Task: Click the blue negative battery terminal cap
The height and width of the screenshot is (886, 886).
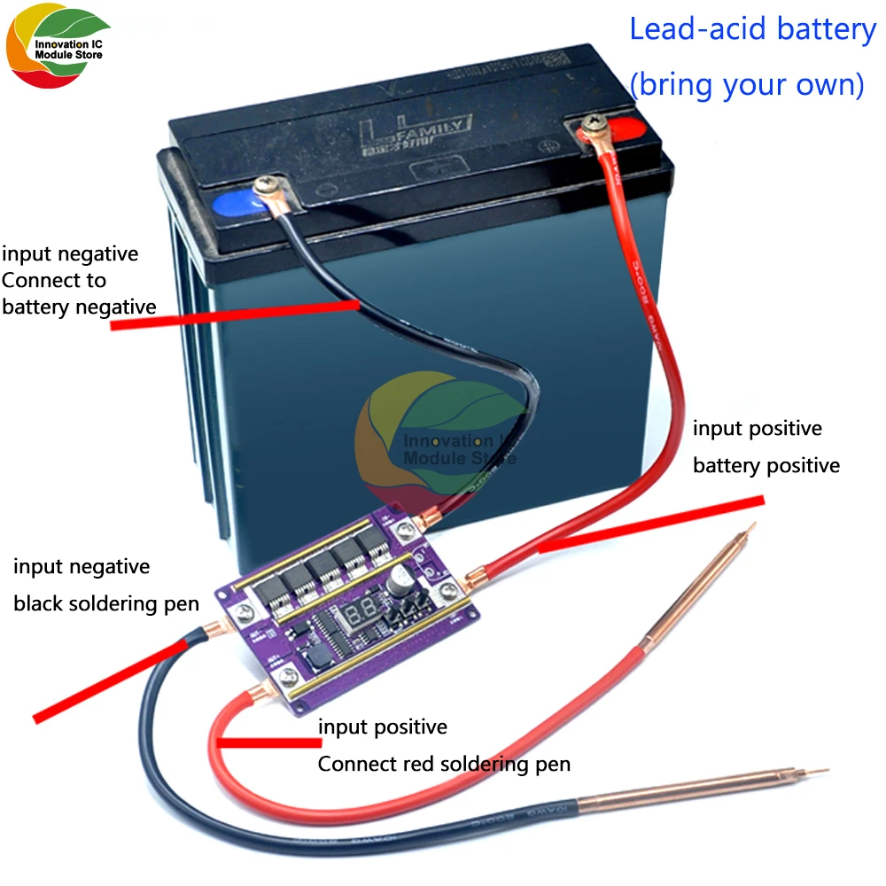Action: [233, 206]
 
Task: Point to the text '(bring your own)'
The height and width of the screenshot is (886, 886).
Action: [746, 85]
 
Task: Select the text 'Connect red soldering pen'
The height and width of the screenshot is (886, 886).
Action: [444, 764]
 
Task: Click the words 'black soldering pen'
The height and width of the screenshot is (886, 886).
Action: [106, 603]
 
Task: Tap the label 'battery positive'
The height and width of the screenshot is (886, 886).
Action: [766, 465]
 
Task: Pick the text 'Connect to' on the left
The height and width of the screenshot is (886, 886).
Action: [54, 280]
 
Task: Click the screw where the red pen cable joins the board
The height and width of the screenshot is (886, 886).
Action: [285, 681]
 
